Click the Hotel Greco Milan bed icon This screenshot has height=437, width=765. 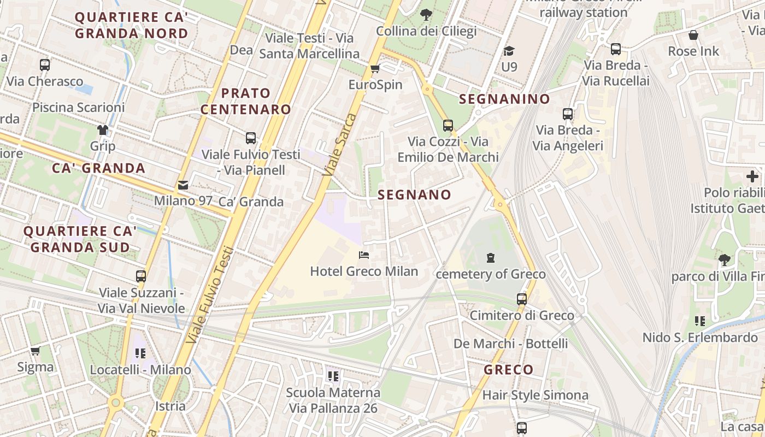(x=364, y=255)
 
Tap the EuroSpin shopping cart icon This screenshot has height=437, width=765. (x=375, y=69)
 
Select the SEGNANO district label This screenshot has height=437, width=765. (x=414, y=195)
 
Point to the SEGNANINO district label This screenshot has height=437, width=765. (x=504, y=99)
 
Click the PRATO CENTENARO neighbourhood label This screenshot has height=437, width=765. (x=245, y=101)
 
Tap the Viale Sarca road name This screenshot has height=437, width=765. (x=339, y=145)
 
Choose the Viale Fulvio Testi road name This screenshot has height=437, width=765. (x=209, y=295)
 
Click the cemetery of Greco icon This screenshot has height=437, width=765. (x=491, y=257)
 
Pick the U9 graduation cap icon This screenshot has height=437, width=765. (x=509, y=51)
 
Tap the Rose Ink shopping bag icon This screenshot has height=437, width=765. (x=693, y=36)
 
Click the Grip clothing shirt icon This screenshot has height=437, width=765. (x=103, y=130)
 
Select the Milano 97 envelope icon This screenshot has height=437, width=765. (x=183, y=185)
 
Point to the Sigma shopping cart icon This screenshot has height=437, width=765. (x=36, y=351)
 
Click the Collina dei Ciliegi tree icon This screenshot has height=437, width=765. (x=426, y=15)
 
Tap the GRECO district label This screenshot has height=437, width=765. (x=508, y=370)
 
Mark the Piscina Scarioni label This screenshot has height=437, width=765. (x=78, y=107)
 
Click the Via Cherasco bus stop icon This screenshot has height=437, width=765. (x=45, y=65)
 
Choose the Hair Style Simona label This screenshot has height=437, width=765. (x=535, y=395)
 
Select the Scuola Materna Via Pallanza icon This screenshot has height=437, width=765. (x=333, y=376)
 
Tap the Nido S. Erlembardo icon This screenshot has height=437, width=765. (x=699, y=321)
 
